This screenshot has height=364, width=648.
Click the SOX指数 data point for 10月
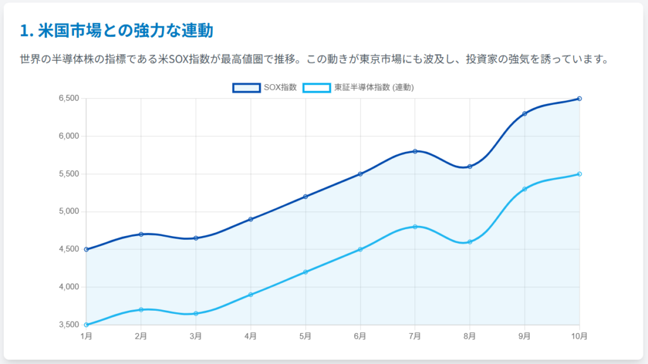pos(579,99)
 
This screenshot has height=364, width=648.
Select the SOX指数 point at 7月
pos(415,151)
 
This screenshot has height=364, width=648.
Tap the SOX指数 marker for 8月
pos(470,166)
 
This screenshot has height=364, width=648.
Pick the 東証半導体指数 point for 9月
pos(525,189)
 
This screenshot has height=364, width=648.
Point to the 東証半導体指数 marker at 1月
pos(86,325)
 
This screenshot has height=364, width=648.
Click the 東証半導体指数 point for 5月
pos(306,272)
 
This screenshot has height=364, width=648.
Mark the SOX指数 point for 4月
pos(251,219)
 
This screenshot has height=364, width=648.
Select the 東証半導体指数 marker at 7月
pos(415,227)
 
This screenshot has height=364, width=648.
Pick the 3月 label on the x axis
pos(196,336)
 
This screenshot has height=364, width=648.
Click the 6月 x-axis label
pos(360,336)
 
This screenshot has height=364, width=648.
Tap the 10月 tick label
pos(579,336)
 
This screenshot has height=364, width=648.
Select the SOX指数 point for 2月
pos(141,234)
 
